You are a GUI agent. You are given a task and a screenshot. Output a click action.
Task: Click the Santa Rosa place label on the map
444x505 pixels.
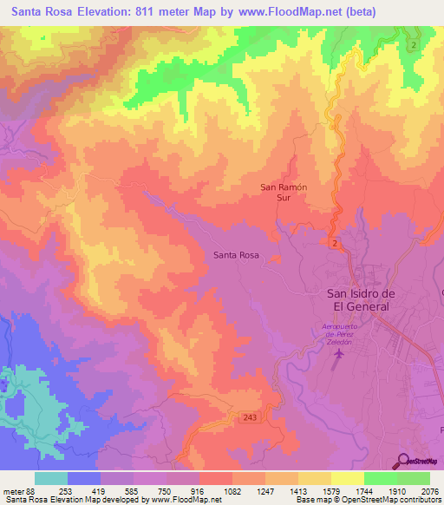point(236,255)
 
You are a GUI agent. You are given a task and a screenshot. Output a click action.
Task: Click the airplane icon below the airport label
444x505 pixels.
point(336,357)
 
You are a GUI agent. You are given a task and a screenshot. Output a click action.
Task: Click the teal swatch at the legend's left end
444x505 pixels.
point(50,478)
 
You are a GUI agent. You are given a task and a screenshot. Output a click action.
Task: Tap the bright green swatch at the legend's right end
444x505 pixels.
point(414,478)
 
